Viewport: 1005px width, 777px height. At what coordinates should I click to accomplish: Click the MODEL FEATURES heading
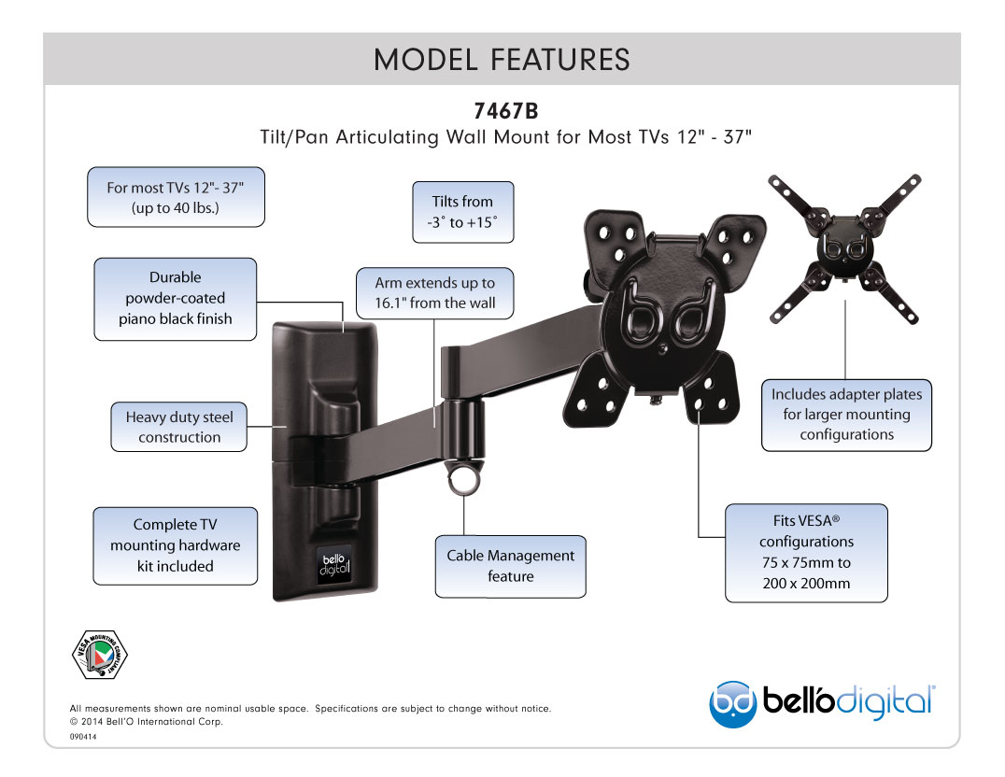[502, 60]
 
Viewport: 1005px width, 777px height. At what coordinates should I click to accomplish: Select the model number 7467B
[505, 111]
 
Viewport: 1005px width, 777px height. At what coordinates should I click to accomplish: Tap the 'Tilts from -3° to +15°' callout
[462, 212]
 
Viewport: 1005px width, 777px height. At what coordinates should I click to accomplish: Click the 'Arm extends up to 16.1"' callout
[435, 293]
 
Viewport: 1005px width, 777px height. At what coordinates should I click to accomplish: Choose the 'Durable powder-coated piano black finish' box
[175, 299]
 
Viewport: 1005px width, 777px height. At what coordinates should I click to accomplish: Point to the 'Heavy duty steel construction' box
[178, 427]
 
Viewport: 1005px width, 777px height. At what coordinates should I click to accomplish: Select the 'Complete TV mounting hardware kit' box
[175, 545]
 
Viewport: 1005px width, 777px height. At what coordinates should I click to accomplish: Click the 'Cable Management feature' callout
[510, 566]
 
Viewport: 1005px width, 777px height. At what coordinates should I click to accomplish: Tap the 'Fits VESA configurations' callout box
[806, 553]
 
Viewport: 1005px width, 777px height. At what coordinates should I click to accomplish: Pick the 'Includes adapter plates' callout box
[847, 415]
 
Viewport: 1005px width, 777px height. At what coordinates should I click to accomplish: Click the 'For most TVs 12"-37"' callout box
[176, 197]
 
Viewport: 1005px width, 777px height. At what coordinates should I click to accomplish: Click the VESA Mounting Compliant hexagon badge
[99, 655]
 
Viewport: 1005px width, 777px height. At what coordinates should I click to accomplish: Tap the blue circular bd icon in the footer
[732, 704]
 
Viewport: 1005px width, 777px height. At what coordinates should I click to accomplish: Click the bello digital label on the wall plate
[334, 565]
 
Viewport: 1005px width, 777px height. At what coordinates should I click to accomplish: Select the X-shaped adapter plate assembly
[844, 248]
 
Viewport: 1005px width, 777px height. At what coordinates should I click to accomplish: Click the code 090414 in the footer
[83, 737]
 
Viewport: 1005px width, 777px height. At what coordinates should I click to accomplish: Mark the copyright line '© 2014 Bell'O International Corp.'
[146, 721]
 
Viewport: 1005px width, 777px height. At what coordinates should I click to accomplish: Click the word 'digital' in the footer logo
[885, 702]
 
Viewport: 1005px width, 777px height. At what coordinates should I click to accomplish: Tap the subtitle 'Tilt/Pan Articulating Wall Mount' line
[505, 137]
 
